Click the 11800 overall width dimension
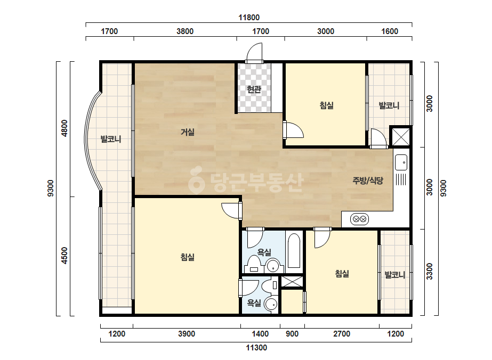click(x=249, y=18)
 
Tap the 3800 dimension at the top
click(x=185, y=31)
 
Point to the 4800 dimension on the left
click(x=64, y=128)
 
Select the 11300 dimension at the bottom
click(x=256, y=348)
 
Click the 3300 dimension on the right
click(x=429, y=272)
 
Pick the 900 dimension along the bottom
click(x=292, y=334)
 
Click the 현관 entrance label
click(x=254, y=89)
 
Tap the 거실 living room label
click(x=187, y=132)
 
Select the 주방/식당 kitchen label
click(x=368, y=181)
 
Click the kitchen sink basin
click(x=401, y=162)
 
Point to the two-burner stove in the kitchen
click(x=360, y=219)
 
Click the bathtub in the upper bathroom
click(x=294, y=250)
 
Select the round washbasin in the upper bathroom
click(x=272, y=266)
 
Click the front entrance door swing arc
click(x=254, y=52)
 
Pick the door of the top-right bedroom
click(x=293, y=130)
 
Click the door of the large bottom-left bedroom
click(x=231, y=211)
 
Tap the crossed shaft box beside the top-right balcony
click(x=400, y=136)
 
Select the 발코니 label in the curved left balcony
click(x=111, y=139)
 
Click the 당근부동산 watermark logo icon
click(x=196, y=179)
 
